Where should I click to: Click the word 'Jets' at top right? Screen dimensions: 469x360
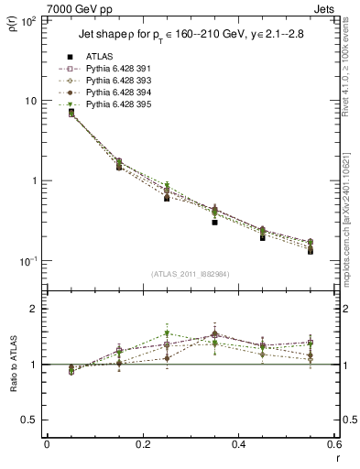325,8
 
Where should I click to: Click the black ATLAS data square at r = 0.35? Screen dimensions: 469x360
214,222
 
